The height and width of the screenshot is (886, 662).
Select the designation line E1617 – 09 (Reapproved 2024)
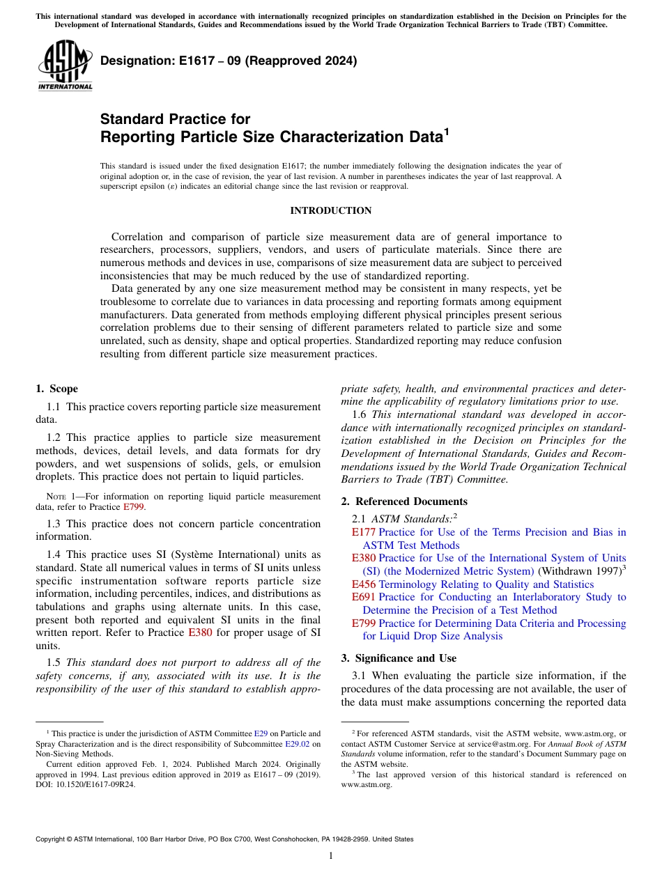pos(229,61)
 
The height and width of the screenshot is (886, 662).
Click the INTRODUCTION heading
pos(330,210)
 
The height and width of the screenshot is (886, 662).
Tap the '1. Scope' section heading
pos(56,389)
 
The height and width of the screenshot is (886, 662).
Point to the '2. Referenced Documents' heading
pos(404,502)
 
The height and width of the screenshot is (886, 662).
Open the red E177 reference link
pos(364,532)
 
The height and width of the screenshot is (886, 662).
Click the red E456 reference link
pos(364,584)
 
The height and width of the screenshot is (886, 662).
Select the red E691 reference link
pos(364,597)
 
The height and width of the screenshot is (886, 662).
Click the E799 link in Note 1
pos(134,507)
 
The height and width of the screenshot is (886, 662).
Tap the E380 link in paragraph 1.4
pos(200,633)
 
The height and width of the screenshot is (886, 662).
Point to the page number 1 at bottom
pos(331,856)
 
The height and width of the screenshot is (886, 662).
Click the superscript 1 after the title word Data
pos(447,131)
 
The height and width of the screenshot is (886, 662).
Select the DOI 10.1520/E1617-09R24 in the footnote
pos(86,784)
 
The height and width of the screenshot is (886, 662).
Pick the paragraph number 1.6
pos(360,415)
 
